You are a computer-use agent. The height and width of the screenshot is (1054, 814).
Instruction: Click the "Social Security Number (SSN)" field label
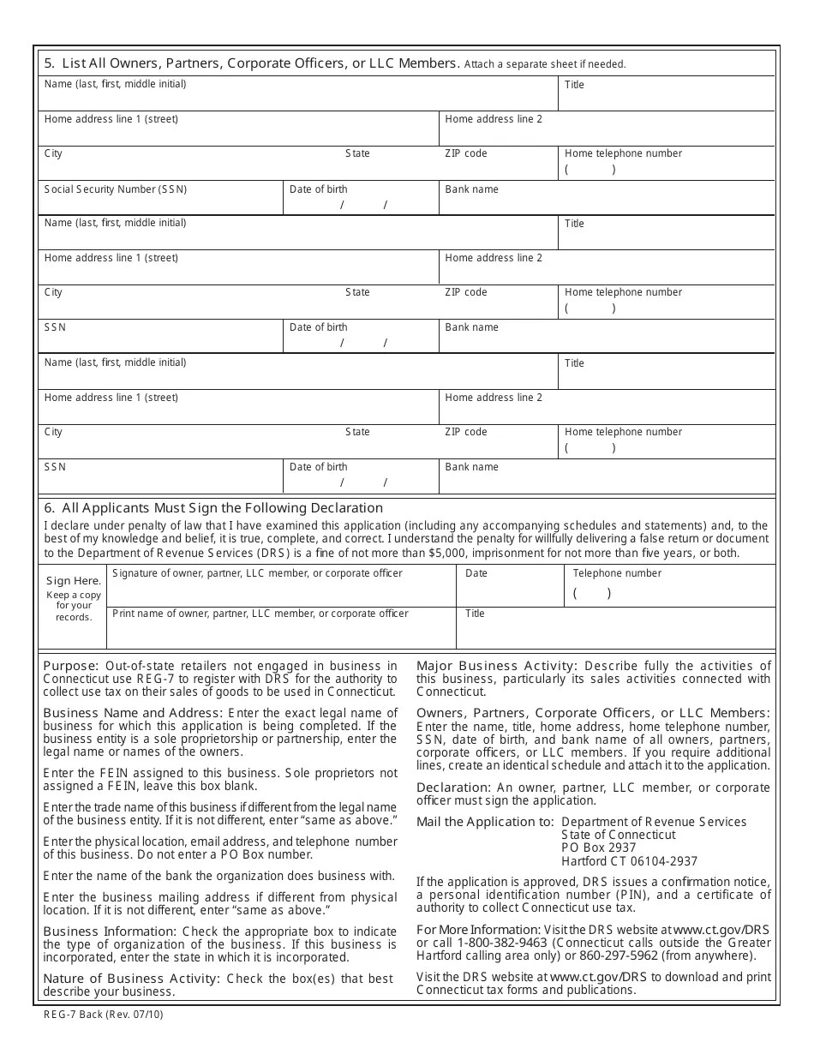pos(115,189)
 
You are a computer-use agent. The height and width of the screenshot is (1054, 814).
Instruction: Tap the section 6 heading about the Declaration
pos(213,508)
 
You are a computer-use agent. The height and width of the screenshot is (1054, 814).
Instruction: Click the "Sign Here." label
pos(74,581)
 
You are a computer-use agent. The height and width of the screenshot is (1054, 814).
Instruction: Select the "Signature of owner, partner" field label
pos(257,573)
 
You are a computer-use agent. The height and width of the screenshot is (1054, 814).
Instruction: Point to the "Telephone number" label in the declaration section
pos(617,573)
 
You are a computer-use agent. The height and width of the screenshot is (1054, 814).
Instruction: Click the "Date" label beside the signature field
pos(476,573)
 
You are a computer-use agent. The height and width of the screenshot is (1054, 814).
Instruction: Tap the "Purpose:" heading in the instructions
pos(71,666)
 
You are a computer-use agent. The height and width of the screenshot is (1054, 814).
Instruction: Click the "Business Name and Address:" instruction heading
pos(133,713)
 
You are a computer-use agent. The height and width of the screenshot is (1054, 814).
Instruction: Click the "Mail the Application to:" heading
pos(485,822)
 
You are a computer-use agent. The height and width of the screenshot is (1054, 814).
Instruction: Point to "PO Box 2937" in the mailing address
pos(599,848)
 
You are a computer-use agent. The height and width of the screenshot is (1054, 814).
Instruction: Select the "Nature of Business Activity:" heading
pos(132,979)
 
